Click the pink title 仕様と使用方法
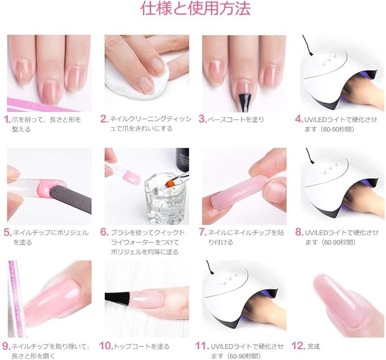(196, 9)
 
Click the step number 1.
(7, 119)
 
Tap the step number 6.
(105, 232)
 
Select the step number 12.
(298, 346)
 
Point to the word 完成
(314, 346)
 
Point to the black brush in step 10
(117, 298)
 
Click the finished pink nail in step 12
(334, 299)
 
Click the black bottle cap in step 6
(182, 158)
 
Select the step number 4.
(298, 119)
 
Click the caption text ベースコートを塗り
(235, 120)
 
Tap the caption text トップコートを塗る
(142, 346)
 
